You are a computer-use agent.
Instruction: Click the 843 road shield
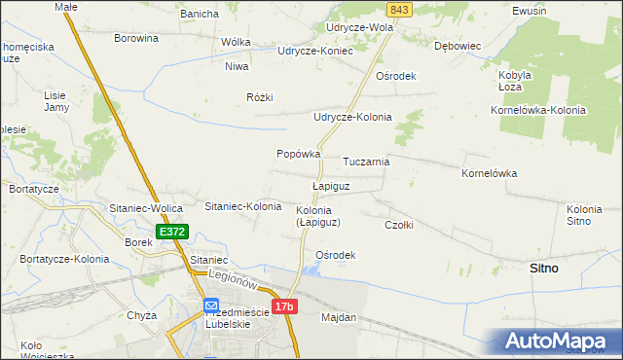click(397, 9)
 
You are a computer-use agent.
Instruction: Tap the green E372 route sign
click(171, 233)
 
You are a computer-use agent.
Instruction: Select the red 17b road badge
click(283, 307)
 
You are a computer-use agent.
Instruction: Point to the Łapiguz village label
click(330, 185)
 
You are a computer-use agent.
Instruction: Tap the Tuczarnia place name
click(366, 162)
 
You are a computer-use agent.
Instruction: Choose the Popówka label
click(299, 154)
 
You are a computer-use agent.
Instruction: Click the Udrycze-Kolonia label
click(351, 117)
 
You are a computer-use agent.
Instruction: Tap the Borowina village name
click(135, 38)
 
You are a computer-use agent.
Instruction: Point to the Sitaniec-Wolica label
click(147, 208)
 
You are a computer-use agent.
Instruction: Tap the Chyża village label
click(142, 315)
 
